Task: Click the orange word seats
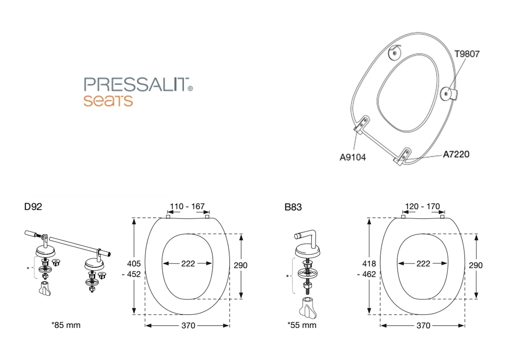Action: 108,101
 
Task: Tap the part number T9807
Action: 467,54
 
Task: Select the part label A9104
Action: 352,157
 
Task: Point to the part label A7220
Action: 456,154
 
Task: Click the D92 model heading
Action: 33,207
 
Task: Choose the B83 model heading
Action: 293,207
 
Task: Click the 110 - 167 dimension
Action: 187,206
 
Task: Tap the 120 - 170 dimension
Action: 423,206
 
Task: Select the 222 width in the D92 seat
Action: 188,264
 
